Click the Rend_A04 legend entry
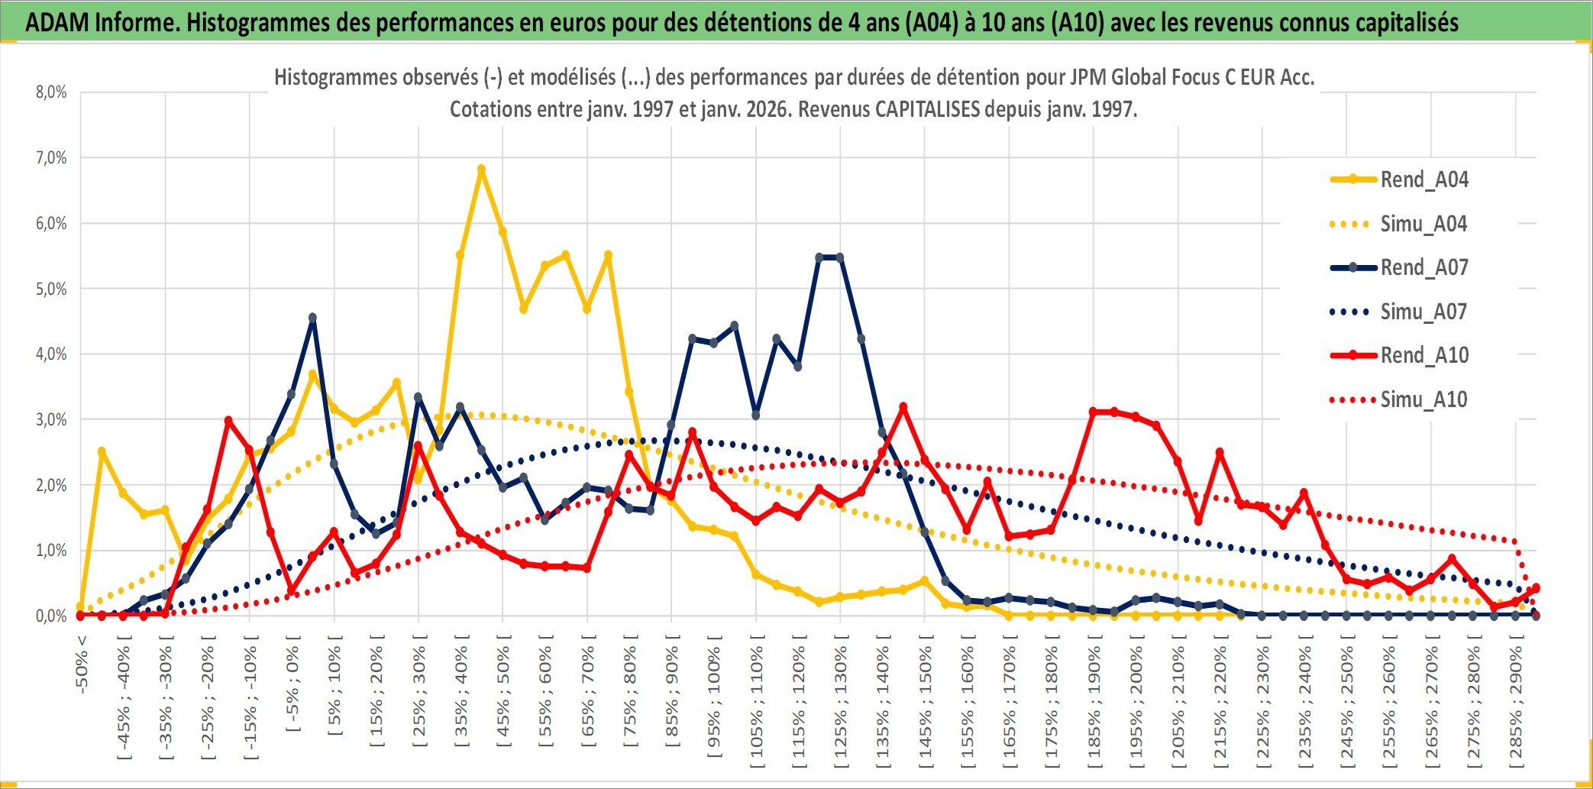tap(1423, 179)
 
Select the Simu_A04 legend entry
tap(1423, 224)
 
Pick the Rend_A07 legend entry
tap(1423, 267)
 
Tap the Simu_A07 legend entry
tap(1423, 312)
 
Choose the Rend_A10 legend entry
tap(1423, 355)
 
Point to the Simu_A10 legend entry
tap(1423, 399)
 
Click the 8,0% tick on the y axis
tap(51, 92)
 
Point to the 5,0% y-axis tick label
tap(51, 289)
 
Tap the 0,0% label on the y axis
tap(51, 616)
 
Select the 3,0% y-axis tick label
tap(51, 419)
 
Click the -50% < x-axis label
tap(82, 665)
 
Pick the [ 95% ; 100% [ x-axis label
tap(714, 703)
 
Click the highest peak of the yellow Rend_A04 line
tap(481, 170)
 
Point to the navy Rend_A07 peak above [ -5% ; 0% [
tap(312, 318)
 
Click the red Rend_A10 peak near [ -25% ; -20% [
tap(228, 421)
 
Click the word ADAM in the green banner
tap(57, 23)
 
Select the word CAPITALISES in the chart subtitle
tap(927, 109)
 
